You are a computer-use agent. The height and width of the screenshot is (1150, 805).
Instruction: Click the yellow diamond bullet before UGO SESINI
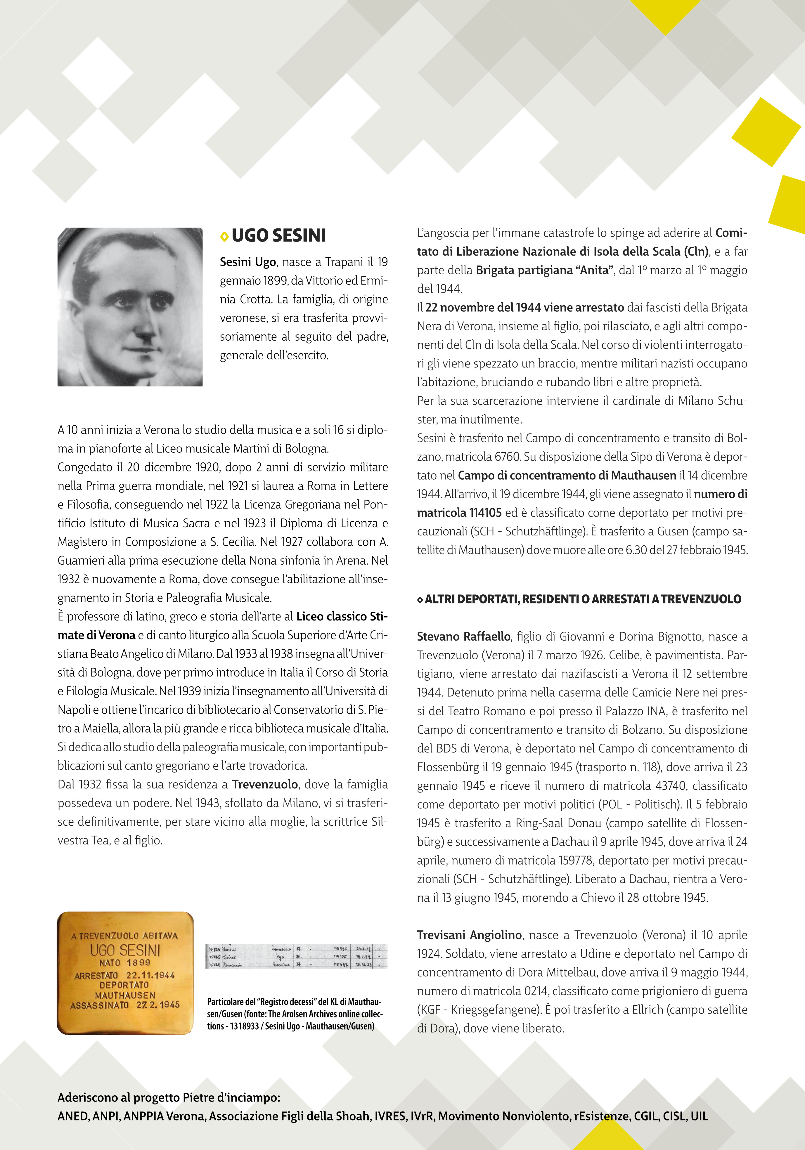coord(224,236)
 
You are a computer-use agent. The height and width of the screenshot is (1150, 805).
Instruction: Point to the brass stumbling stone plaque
coord(125,973)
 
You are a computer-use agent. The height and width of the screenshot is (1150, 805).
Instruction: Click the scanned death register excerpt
coord(297,956)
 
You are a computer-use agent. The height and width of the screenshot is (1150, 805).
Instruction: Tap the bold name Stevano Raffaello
coord(463,636)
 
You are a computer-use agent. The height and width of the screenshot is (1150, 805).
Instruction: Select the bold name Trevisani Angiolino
coord(469,935)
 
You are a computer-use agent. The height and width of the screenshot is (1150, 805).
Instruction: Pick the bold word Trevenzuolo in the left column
coord(266,784)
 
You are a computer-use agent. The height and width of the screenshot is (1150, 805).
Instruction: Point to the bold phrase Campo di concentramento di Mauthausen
coord(567,475)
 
